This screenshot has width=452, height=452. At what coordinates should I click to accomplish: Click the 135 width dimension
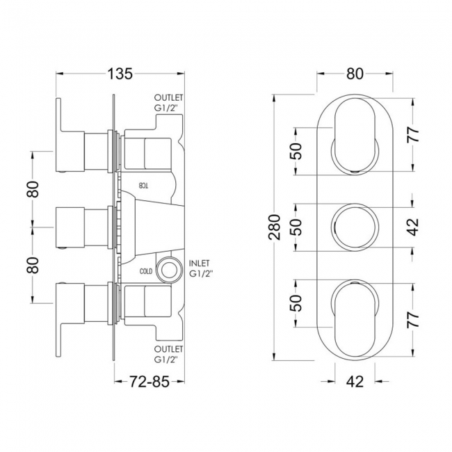(120, 74)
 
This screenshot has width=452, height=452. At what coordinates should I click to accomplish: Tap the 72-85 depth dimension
(149, 382)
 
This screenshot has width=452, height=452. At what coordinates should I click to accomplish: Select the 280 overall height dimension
(275, 227)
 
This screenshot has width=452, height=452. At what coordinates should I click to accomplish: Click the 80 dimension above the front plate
(355, 74)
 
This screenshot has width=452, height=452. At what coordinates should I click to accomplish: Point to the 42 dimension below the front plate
(355, 382)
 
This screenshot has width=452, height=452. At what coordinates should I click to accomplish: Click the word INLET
(199, 263)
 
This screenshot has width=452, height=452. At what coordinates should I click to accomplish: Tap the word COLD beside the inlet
(146, 271)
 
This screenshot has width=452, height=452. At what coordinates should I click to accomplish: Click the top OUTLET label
(169, 97)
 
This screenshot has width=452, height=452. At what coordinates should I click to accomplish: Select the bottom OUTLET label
(169, 349)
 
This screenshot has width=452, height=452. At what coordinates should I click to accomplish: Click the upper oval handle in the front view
(355, 135)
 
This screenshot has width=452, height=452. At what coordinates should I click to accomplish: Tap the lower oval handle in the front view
(355, 319)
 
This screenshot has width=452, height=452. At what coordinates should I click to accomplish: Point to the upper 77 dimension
(413, 134)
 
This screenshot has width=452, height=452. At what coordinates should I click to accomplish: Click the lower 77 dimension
(413, 319)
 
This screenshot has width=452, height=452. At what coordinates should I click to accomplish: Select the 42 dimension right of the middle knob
(413, 227)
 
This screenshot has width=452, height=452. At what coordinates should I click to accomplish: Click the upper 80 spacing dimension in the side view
(33, 189)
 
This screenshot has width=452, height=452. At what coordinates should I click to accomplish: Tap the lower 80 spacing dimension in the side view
(33, 265)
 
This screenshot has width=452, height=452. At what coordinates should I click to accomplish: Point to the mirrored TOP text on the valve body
(143, 186)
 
